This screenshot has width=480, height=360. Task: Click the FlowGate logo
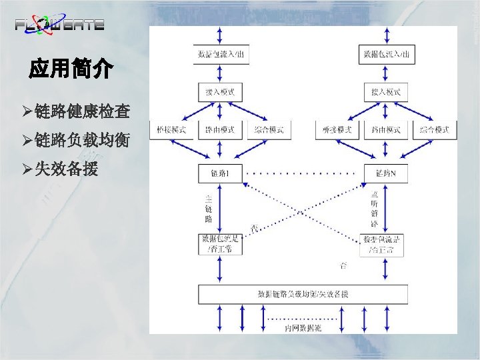tap(59, 25)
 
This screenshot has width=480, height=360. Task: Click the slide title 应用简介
tap(71, 69)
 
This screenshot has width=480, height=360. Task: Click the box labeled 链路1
tap(220, 175)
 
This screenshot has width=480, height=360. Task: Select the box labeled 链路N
tap(386, 175)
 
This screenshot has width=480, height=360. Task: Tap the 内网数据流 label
tap(303, 328)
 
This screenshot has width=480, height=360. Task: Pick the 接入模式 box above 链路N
tap(386, 91)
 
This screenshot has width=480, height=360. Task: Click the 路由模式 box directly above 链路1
tap(220, 129)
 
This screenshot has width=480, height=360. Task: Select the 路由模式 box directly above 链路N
tap(386, 129)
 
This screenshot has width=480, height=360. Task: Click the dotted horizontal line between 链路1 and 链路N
tap(303, 175)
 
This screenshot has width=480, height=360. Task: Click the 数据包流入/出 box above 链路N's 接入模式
tap(386, 54)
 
